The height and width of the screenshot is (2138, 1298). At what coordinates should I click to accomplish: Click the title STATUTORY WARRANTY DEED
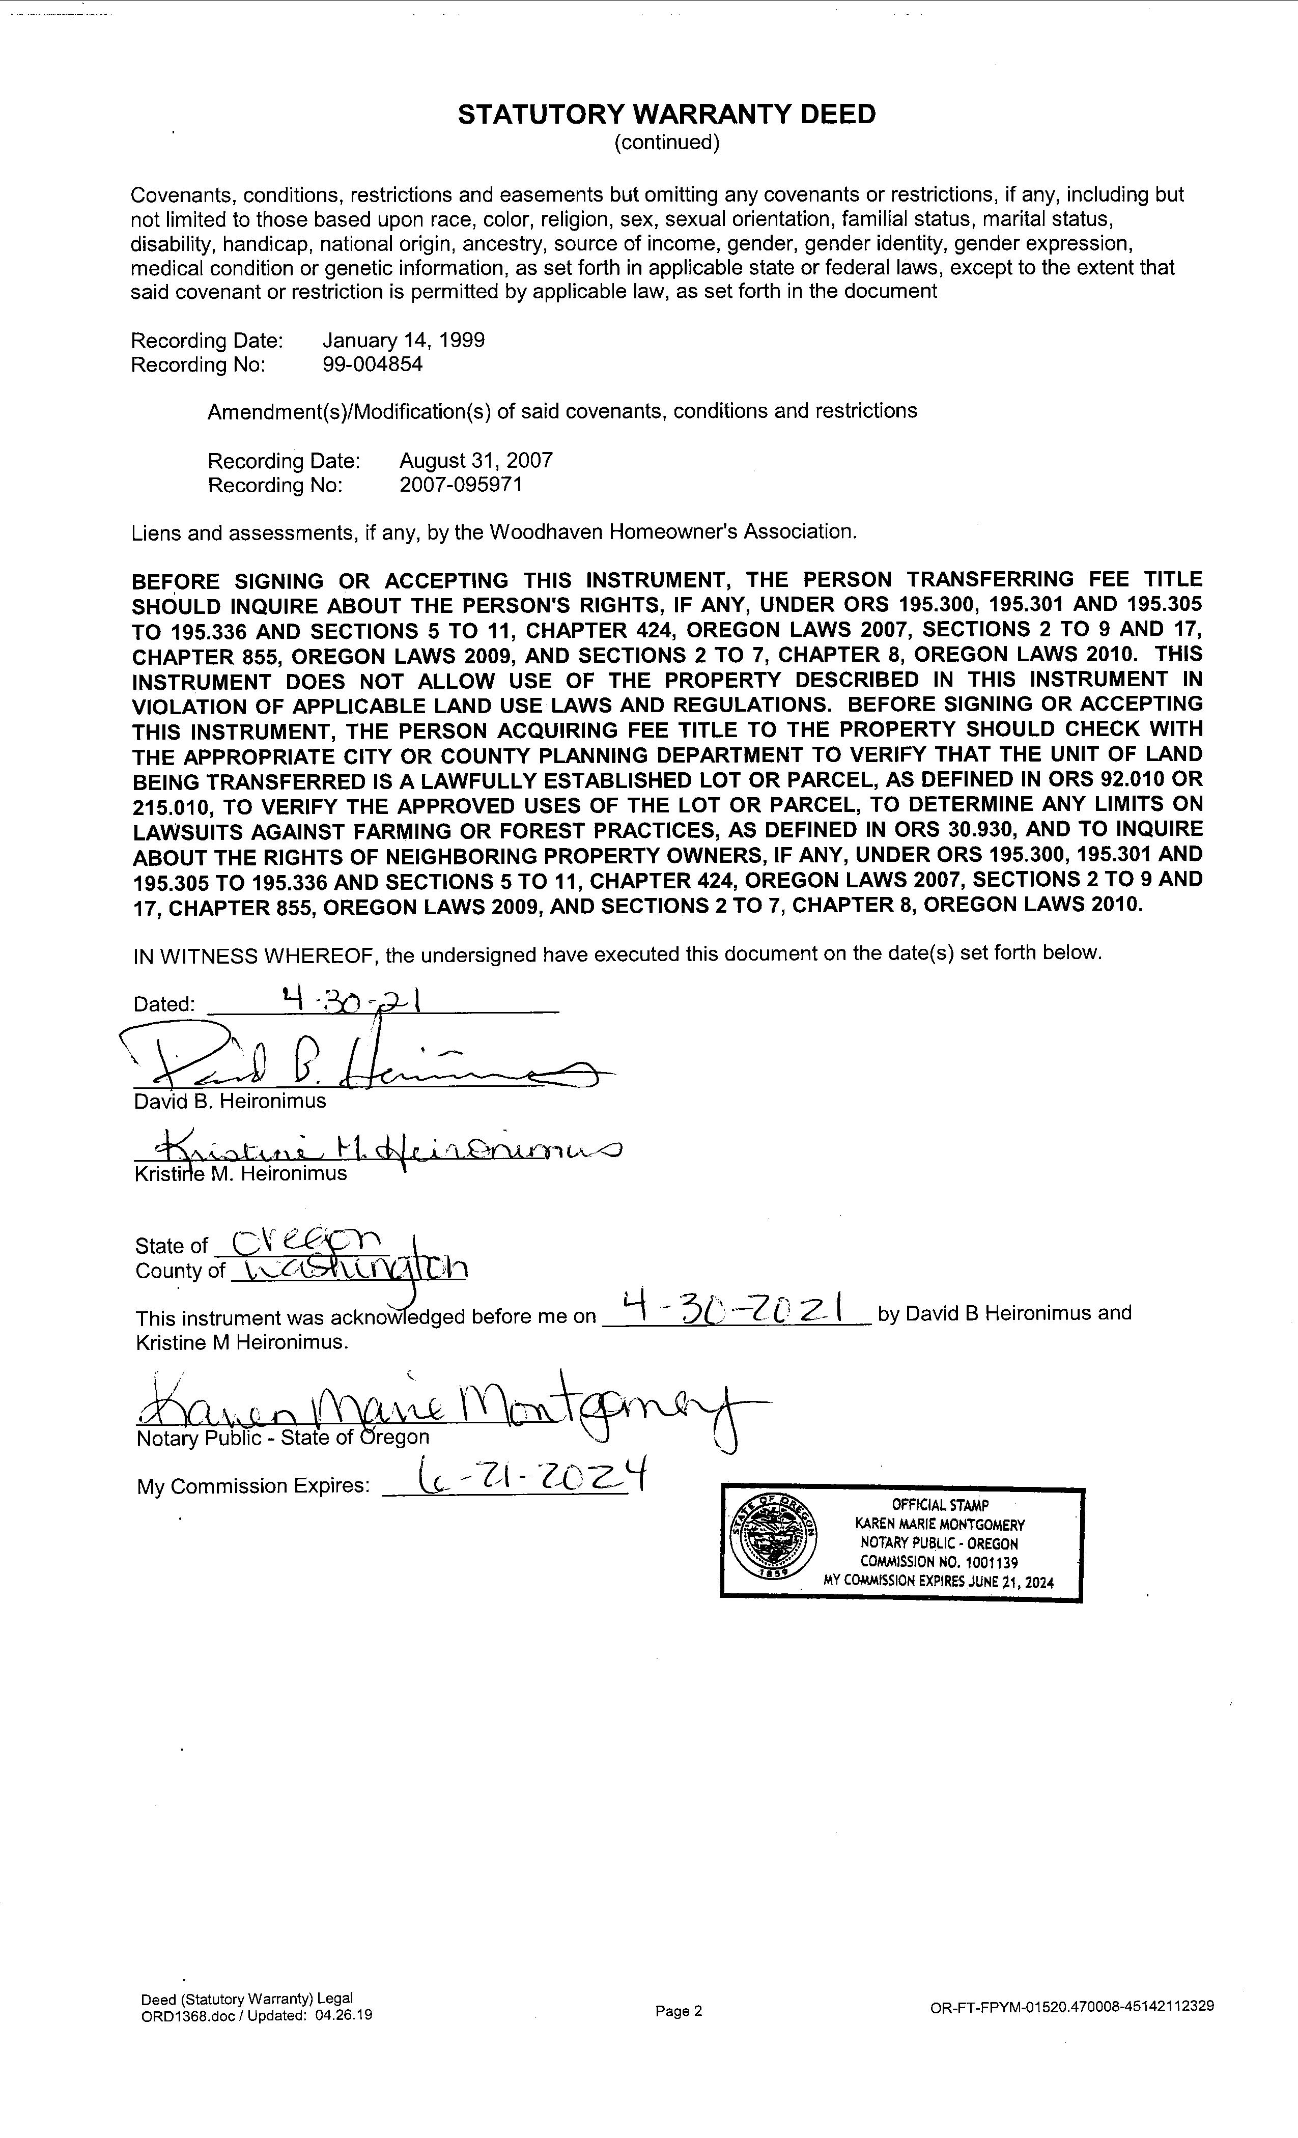[666, 115]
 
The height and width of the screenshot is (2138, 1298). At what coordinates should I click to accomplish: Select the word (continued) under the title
[666, 143]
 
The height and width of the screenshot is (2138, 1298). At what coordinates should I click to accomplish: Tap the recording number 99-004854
[372, 364]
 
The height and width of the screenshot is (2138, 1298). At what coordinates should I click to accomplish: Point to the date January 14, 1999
[404, 340]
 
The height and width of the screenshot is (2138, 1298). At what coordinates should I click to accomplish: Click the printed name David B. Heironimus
[230, 1101]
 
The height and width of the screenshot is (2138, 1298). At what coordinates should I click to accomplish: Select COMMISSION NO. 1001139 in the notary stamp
[939, 1562]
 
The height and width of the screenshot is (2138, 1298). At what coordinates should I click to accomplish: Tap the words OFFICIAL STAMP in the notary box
[940, 1505]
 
